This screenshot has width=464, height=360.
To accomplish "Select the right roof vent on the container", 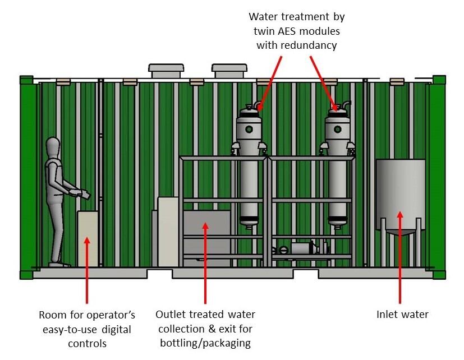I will (x=230, y=70).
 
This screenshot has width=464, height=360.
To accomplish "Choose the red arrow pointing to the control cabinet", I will (x=87, y=269).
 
